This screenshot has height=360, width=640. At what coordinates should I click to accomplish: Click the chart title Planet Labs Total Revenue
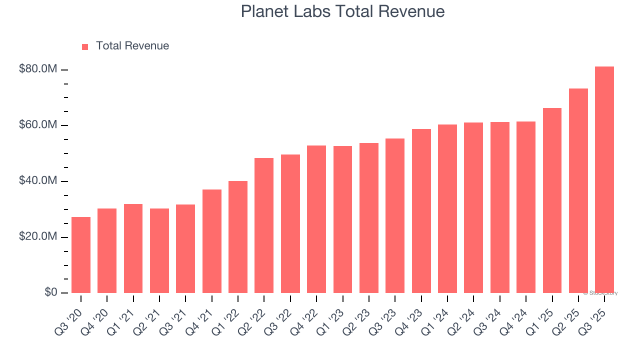(342, 11)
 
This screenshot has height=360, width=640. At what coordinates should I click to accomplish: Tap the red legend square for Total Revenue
(85, 46)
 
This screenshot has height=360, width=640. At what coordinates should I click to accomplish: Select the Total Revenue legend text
(132, 46)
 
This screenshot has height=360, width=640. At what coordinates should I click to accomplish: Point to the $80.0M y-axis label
(38, 69)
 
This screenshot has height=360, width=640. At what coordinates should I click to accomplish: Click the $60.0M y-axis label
(38, 125)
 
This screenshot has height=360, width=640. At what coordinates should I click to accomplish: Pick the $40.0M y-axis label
(38, 181)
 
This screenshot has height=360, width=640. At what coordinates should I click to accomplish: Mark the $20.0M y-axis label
(38, 236)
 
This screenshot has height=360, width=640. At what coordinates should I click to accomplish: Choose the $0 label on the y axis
(50, 292)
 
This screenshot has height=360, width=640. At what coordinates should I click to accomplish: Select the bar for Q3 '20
(81, 255)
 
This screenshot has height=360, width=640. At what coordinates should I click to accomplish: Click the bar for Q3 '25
(604, 180)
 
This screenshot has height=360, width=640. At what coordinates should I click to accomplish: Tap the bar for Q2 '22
(264, 225)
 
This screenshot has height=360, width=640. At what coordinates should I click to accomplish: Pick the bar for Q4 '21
(212, 241)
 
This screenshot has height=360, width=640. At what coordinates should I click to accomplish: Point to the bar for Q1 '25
(552, 200)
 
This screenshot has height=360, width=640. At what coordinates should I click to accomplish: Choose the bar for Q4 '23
(421, 211)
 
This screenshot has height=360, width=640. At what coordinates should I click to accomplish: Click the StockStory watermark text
(600, 293)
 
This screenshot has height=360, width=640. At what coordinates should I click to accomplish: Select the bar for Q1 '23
(343, 219)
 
